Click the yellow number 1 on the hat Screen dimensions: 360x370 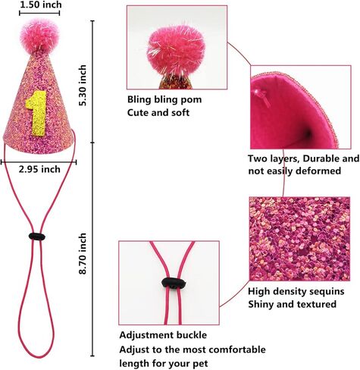coord(37,113)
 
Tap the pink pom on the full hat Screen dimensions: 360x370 coord(39,35)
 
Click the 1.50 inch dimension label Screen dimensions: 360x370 coord(40,5)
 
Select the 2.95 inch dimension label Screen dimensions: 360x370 coord(39,169)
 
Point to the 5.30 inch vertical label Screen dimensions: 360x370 coord(83,86)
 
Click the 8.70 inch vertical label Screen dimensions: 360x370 coord(83,254)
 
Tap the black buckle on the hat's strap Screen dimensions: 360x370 coord(37,237)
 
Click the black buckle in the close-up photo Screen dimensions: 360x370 coord(174,283)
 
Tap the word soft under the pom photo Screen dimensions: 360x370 coord(180,112)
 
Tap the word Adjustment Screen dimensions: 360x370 coord(145,335)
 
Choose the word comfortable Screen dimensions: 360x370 coord(237,350)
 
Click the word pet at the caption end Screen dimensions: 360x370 coord(201,364)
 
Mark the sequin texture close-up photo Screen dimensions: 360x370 coord(299,239)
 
